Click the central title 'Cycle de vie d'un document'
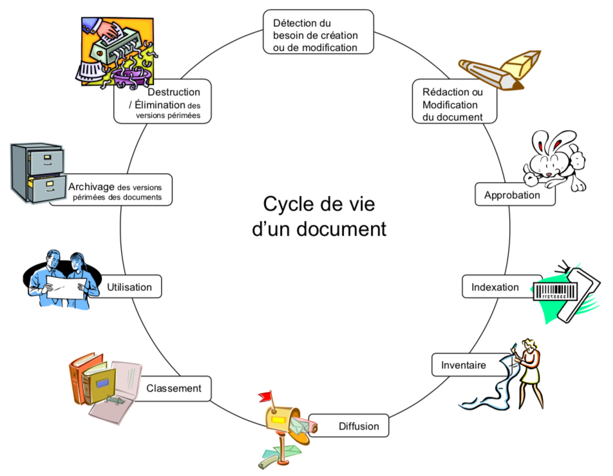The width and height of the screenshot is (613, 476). pos(318,216)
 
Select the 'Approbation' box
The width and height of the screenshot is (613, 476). pos(514,195)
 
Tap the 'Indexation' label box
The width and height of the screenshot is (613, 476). pos(495,287)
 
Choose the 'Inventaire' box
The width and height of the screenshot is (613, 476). pos(463,365)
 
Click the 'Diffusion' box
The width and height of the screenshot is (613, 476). pos(359,426)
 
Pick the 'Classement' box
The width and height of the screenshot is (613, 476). pos(174,388)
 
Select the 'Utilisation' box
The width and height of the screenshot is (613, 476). pos(130,287)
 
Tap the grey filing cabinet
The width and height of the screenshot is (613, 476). pos(37,172)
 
